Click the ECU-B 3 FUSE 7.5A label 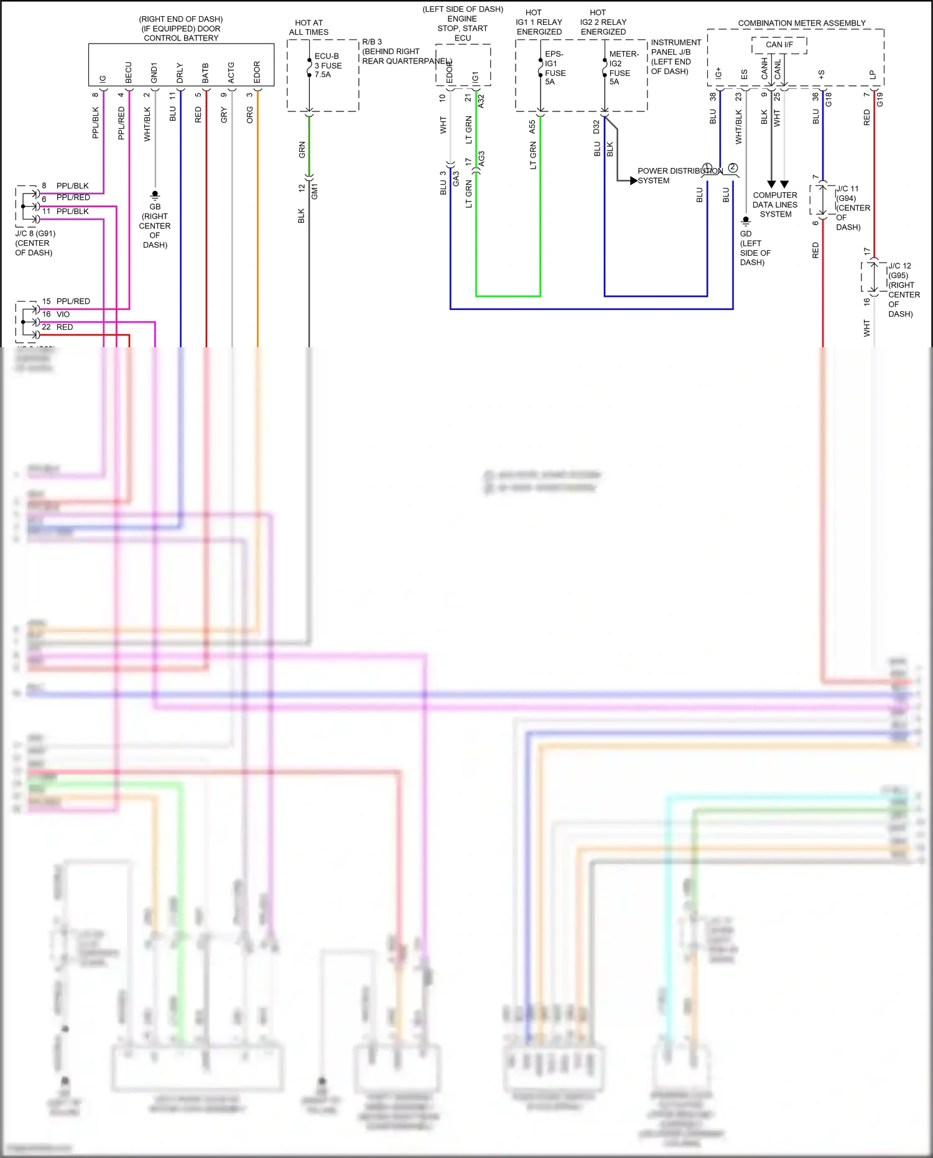click(328, 65)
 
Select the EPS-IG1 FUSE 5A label click(554, 68)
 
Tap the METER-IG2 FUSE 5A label click(623, 68)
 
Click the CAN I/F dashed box click(779, 45)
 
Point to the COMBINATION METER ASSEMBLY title click(801, 23)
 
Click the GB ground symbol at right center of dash click(155, 195)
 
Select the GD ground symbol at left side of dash click(746, 221)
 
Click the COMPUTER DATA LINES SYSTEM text click(775, 204)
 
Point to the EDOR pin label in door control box click(257, 72)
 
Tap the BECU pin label click(129, 72)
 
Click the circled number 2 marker click(733, 167)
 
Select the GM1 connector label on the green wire click(315, 192)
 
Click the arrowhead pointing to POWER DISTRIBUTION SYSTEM click(633, 180)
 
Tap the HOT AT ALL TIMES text click(309, 27)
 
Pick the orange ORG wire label click(250, 114)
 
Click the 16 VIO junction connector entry click(56, 314)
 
